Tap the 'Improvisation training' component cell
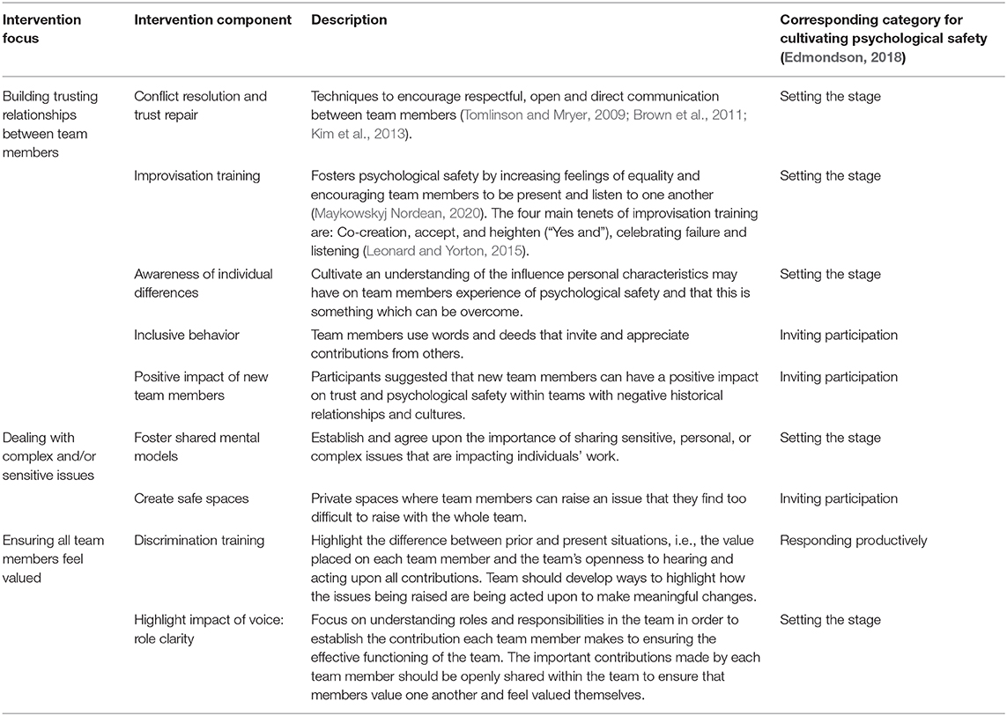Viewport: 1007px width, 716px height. (x=196, y=176)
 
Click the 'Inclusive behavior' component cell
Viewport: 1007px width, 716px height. (x=187, y=336)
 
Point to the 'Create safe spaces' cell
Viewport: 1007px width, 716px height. (x=190, y=498)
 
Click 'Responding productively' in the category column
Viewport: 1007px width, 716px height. (x=854, y=540)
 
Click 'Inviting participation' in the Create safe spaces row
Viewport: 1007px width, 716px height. (x=839, y=498)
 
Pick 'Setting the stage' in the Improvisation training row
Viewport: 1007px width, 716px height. (x=830, y=176)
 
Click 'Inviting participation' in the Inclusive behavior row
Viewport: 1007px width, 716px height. (x=839, y=336)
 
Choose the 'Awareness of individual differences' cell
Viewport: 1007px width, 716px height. (x=203, y=283)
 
